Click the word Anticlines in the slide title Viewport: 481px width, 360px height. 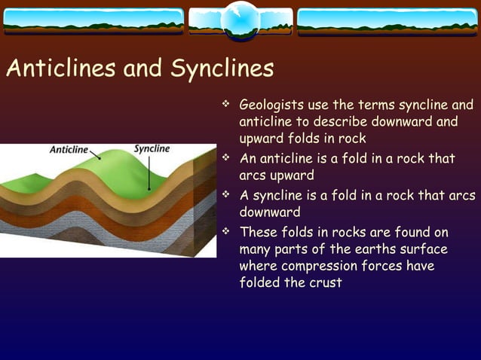[62, 69]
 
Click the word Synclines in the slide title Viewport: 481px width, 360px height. [222, 69]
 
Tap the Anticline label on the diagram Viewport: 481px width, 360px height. [69, 149]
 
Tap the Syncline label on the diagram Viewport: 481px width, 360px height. [152, 148]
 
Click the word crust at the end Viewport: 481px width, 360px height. [324, 283]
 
